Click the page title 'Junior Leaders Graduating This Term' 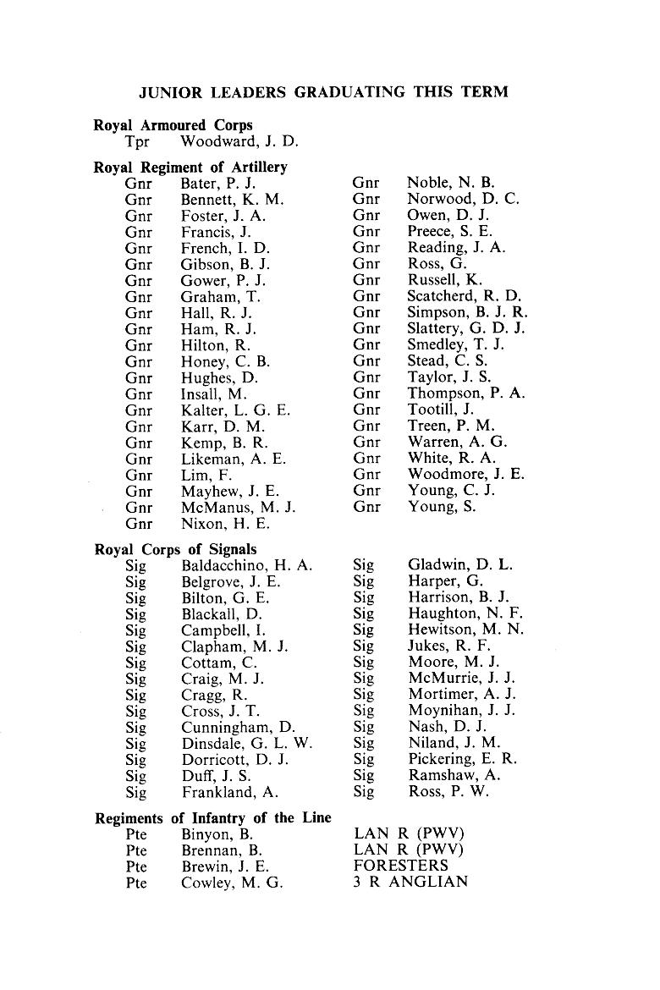tap(322, 92)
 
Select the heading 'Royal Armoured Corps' tap(173, 125)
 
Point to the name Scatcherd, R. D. tap(465, 297)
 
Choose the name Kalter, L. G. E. tap(236, 410)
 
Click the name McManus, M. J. tap(239, 508)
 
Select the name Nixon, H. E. tap(225, 524)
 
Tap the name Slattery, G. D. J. tap(466, 329)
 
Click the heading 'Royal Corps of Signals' tap(175, 549)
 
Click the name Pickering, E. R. tap(462, 760)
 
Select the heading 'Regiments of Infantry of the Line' tap(212, 818)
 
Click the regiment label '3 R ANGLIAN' tap(410, 883)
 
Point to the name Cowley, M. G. tap(232, 883)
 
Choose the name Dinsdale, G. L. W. tap(247, 744)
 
